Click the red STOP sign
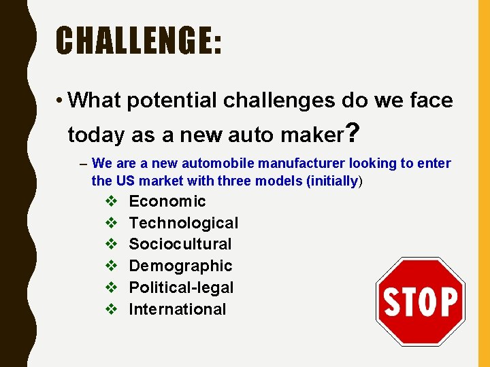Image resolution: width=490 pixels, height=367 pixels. click(x=421, y=302)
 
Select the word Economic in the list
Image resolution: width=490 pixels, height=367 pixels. click(x=167, y=201)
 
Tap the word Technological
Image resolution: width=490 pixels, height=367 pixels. click(x=184, y=223)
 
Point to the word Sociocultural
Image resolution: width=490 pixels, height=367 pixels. click(x=180, y=244)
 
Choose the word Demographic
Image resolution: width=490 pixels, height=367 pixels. click(x=180, y=266)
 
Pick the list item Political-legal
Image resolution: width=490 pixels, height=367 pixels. click(x=181, y=287)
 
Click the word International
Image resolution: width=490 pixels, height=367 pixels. click(x=178, y=309)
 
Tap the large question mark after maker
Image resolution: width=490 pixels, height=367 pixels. click(x=351, y=133)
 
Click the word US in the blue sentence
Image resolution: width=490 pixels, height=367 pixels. click(x=126, y=181)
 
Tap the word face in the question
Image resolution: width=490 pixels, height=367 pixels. click(x=429, y=101)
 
